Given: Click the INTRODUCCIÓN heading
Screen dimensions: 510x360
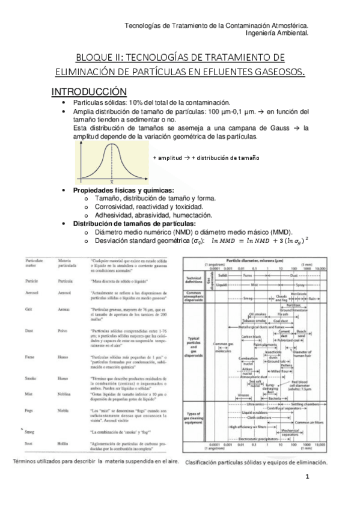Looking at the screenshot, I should [x=88, y=91].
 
